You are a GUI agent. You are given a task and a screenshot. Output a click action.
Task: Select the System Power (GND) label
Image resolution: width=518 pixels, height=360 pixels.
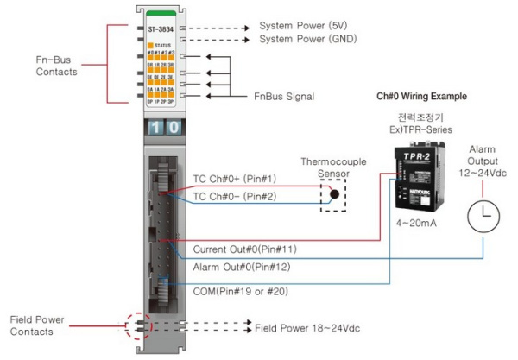pyautogui.click(x=308, y=39)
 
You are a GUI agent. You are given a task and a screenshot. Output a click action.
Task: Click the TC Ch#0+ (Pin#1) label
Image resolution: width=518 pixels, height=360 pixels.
pyautogui.click(x=234, y=179)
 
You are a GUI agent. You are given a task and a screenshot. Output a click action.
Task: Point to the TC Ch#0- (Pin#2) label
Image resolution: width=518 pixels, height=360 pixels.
pyautogui.click(x=234, y=197)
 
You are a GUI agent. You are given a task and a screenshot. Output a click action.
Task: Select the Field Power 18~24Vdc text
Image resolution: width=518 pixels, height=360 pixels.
pyautogui.click(x=307, y=329)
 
